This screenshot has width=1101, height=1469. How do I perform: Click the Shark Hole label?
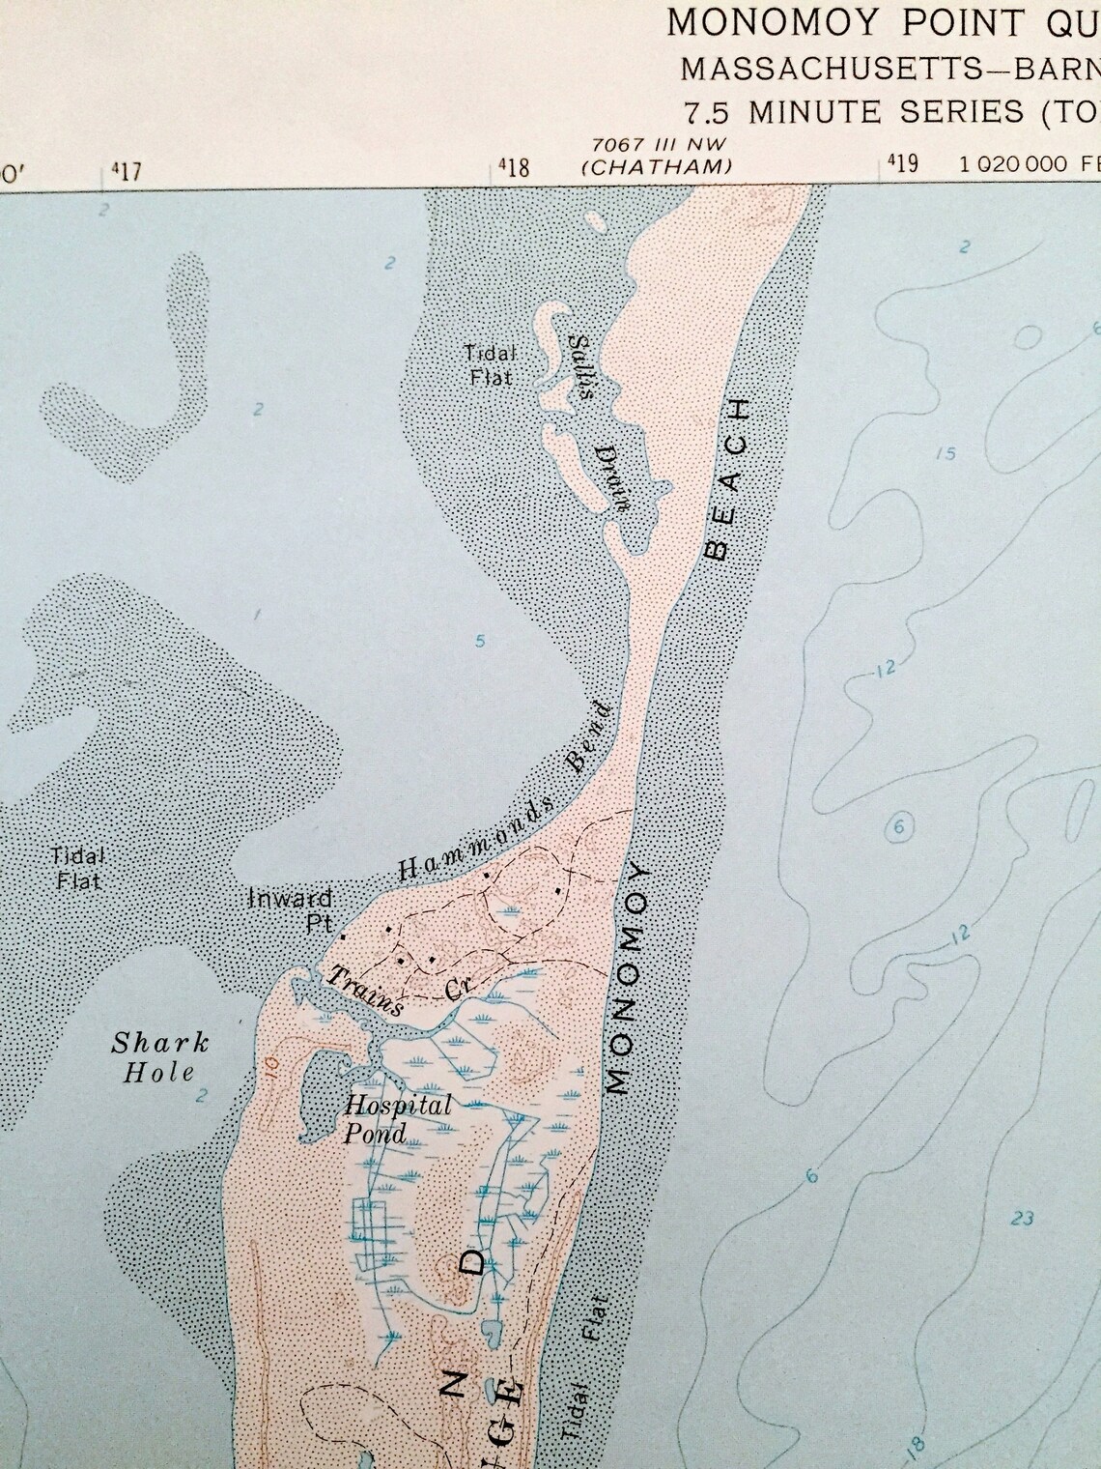coord(159,1056)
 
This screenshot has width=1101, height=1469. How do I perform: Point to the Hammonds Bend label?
coord(505,792)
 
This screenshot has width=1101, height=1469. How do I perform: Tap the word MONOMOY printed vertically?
coord(633,978)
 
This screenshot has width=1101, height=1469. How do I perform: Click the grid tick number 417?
coord(126,171)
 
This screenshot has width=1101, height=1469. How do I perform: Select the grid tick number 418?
coord(514,168)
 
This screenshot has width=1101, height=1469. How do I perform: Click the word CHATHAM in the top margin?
coord(657,166)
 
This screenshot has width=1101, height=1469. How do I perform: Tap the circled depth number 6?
coord(900,827)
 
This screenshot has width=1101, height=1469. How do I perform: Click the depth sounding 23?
coord(1023,1219)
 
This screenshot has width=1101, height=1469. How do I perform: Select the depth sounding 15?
coord(946,453)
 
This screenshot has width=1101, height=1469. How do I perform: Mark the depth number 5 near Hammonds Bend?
coord(480,640)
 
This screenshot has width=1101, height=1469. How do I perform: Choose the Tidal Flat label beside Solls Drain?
coord(487,365)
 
